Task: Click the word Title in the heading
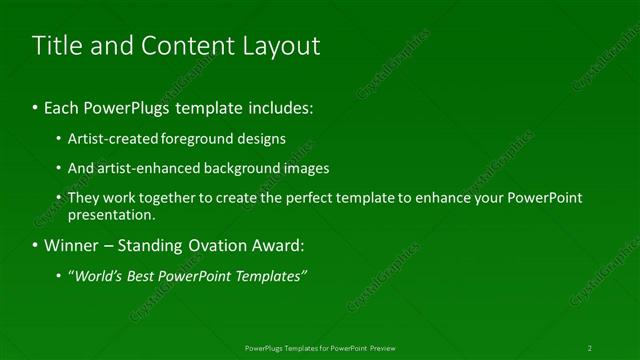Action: [x=58, y=46]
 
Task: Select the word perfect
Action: [x=307, y=198]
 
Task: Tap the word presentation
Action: [x=111, y=215]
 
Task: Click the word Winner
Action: [x=70, y=245]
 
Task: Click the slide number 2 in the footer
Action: [x=590, y=348]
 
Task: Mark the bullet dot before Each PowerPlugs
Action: [x=35, y=105]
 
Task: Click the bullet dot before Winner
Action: [x=35, y=245]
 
